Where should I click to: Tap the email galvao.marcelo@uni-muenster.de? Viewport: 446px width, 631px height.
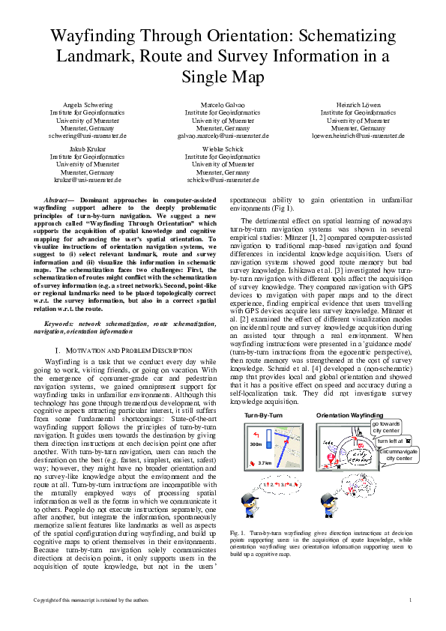pos(223,136)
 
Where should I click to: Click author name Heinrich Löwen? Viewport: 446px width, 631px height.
pos(358,105)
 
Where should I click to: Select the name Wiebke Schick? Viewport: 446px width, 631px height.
pos(223,149)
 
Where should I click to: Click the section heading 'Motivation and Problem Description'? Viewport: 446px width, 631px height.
pos(124,351)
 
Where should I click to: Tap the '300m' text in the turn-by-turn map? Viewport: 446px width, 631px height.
pos(256,444)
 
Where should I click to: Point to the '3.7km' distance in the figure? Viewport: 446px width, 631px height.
pos(264,463)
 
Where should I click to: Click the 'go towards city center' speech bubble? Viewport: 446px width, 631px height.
pos(386,427)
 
